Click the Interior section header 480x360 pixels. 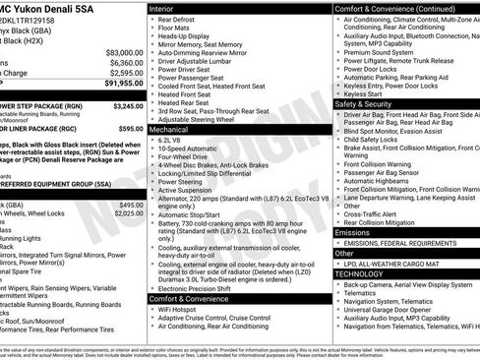[166, 8]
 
